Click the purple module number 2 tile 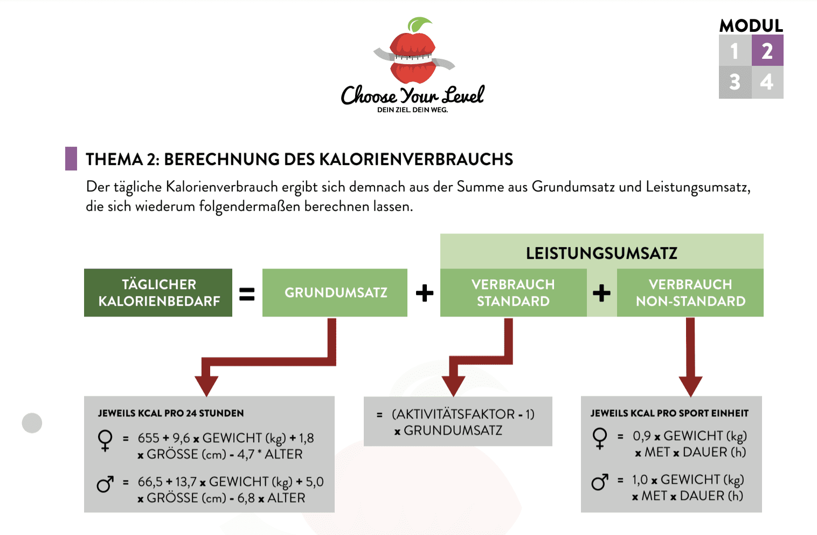767,50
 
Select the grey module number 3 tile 735,82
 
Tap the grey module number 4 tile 767,82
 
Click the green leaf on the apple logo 419,24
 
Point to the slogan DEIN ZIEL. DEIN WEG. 412,110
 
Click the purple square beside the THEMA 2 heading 71,159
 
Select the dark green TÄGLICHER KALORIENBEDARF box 158,293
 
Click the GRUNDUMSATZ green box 335,293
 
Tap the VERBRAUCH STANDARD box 514,293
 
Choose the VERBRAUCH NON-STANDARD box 690,293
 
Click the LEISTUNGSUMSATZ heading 601,253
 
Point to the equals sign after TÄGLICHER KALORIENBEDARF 247,294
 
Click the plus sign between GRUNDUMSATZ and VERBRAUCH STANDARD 425,293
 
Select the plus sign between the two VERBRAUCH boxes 602,293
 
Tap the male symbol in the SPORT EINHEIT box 600,482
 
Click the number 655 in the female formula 148,438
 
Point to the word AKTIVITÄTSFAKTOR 453,414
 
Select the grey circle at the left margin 32,423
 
